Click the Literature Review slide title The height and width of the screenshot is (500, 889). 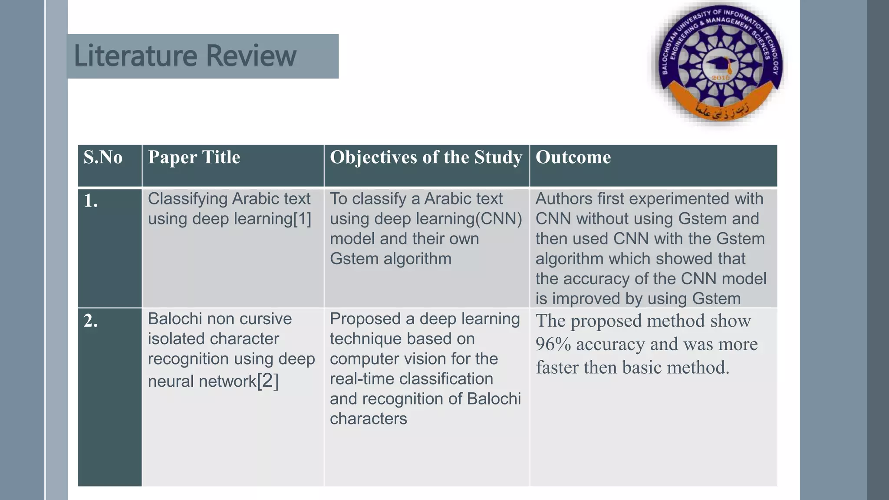(x=185, y=56)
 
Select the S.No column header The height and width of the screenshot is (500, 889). (x=103, y=157)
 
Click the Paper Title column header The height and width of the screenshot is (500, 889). (x=194, y=157)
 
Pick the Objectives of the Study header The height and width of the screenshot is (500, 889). (x=426, y=157)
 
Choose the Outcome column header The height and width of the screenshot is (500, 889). (x=573, y=157)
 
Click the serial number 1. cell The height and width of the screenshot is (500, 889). (x=91, y=201)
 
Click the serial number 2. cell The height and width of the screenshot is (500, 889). (x=91, y=321)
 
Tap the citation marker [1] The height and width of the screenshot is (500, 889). (x=302, y=219)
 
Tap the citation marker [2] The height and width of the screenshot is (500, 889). (x=267, y=381)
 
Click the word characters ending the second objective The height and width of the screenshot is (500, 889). (x=368, y=419)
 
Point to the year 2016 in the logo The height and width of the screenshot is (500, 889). (x=721, y=78)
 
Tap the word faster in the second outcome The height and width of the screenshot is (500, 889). (x=557, y=368)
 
